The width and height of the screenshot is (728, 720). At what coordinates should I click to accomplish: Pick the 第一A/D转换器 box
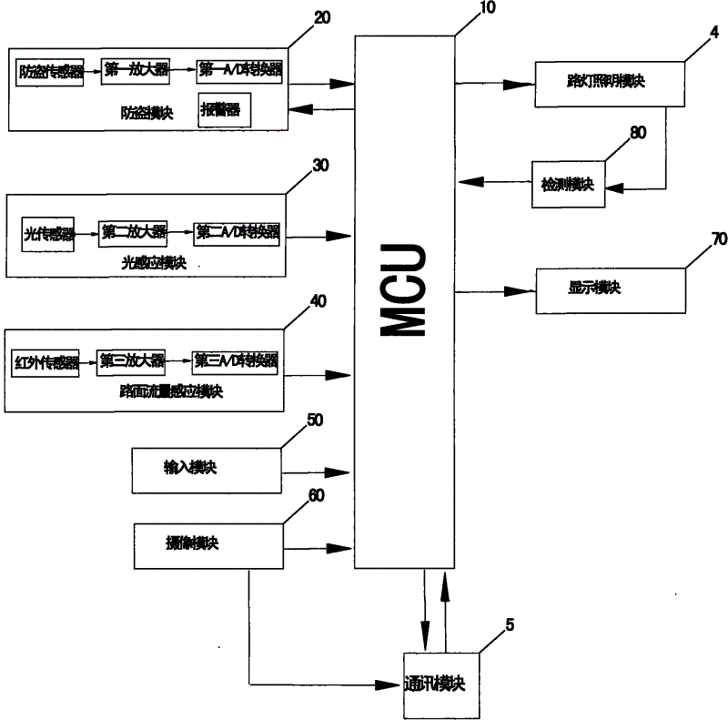pos(238,69)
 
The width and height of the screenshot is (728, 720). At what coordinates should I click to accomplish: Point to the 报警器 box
pos(223,112)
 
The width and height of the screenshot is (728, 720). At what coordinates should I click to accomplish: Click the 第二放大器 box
pos(134,232)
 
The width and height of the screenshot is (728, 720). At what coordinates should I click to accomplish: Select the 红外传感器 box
pos(45,361)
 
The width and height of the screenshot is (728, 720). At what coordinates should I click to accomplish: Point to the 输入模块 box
pos(207,470)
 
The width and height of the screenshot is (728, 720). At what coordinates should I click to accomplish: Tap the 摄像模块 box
pos(208,548)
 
